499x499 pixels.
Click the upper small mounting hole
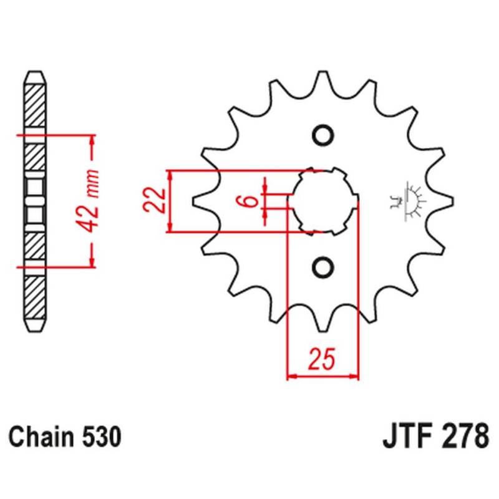pyautogui.click(x=322, y=135)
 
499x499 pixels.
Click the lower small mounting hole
pyautogui.click(x=322, y=267)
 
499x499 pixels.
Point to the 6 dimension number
pyautogui.click(x=249, y=201)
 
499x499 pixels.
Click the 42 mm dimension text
pyautogui.click(x=92, y=200)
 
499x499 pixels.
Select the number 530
pyautogui.click(x=98, y=437)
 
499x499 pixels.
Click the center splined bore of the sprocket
pyautogui.click(x=322, y=201)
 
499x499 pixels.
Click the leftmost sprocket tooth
pyautogui.click(x=198, y=201)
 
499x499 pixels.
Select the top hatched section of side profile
pyautogui.click(x=35, y=106)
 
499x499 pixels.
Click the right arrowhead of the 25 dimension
pyautogui.click(x=356, y=376)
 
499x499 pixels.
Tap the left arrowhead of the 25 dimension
pyautogui.click(x=290, y=376)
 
